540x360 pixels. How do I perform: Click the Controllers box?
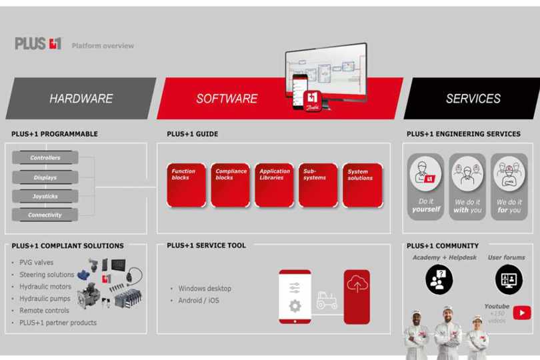(x=45, y=158)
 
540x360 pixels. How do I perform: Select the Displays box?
(x=45, y=177)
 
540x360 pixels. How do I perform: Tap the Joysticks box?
(x=45, y=196)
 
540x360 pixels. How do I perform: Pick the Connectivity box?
(x=45, y=215)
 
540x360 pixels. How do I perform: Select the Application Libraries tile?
(x=275, y=185)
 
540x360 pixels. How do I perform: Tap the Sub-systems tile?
(x=318, y=185)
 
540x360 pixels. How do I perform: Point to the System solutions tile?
(x=363, y=185)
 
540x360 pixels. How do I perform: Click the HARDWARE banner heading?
(x=81, y=99)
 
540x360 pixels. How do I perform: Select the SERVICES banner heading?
(x=473, y=99)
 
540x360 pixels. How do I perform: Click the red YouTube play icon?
(x=522, y=313)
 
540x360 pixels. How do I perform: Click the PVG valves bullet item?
(x=37, y=262)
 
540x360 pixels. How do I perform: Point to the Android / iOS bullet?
(x=198, y=301)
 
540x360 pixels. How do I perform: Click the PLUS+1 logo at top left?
(x=38, y=44)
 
